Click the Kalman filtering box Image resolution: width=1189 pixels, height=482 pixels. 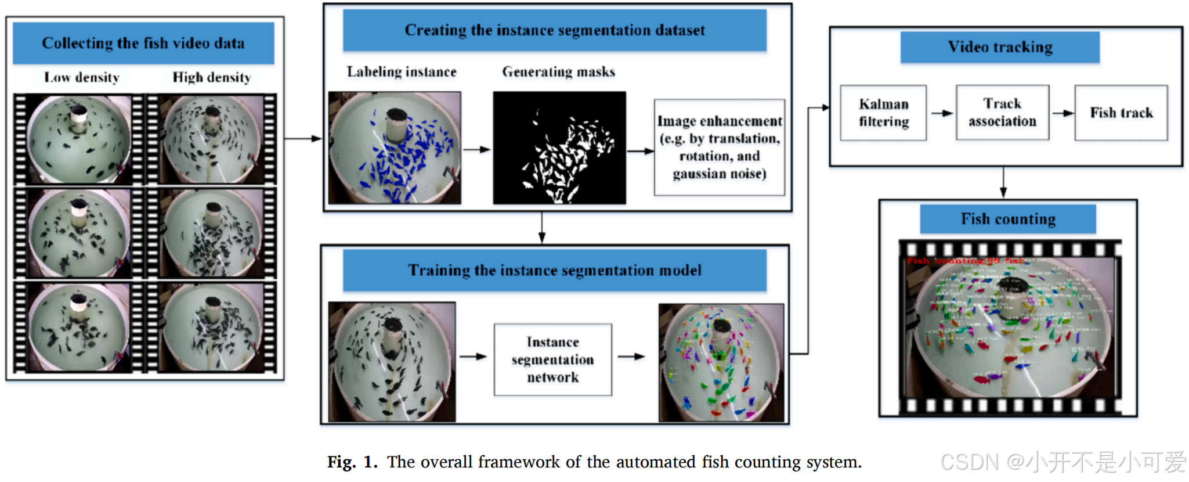tap(883, 113)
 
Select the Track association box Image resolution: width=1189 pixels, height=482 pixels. tap(1002, 113)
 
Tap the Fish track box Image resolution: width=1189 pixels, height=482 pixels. tap(1121, 113)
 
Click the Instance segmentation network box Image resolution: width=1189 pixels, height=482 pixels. tap(552, 359)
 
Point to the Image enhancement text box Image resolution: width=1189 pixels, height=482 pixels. tap(719, 148)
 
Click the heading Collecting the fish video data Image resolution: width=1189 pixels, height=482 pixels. tap(143, 43)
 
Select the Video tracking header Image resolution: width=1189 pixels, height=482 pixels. tap(999, 47)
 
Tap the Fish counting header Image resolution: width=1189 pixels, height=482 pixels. tap(1008, 219)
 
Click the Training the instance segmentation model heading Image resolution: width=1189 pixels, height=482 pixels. tap(554, 270)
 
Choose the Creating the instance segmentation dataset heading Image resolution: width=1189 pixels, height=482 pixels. tap(554, 30)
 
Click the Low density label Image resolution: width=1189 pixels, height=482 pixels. tap(82, 77)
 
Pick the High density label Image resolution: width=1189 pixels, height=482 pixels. tap(212, 77)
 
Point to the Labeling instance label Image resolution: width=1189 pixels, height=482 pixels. tap(402, 71)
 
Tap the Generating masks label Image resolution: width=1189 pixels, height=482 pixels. tap(558, 71)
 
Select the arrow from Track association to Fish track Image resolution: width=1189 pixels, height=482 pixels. tap(1062, 113)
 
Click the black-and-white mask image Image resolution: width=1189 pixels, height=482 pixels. tap(559, 148)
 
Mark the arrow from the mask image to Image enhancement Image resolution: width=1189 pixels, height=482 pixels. tap(640, 151)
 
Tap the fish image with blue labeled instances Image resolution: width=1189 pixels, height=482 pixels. tap(395, 148)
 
